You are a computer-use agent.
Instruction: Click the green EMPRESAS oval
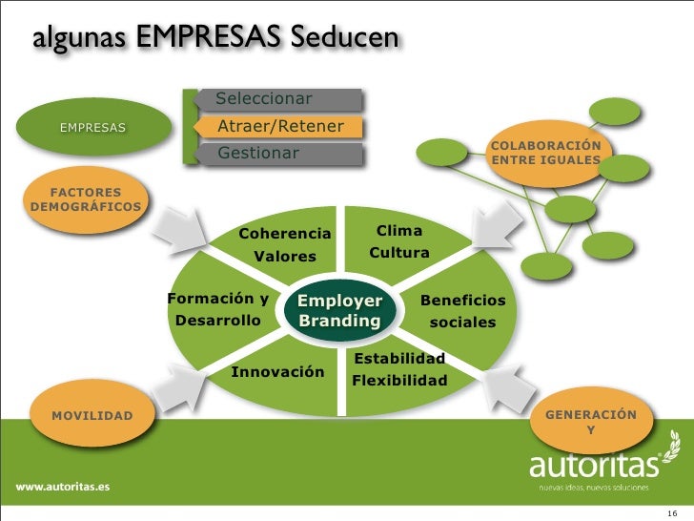92,128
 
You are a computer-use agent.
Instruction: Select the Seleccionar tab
276,99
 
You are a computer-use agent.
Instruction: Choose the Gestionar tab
276,154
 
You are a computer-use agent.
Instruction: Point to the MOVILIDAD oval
92,416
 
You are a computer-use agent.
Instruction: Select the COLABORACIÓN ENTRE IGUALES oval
545,153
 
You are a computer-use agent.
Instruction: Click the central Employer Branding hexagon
339,311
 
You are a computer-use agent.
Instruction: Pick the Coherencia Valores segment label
285,245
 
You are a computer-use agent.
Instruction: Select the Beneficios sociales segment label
463,312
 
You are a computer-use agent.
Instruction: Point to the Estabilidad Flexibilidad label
399,370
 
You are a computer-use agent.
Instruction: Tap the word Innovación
278,371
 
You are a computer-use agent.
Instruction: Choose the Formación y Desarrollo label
217,310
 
